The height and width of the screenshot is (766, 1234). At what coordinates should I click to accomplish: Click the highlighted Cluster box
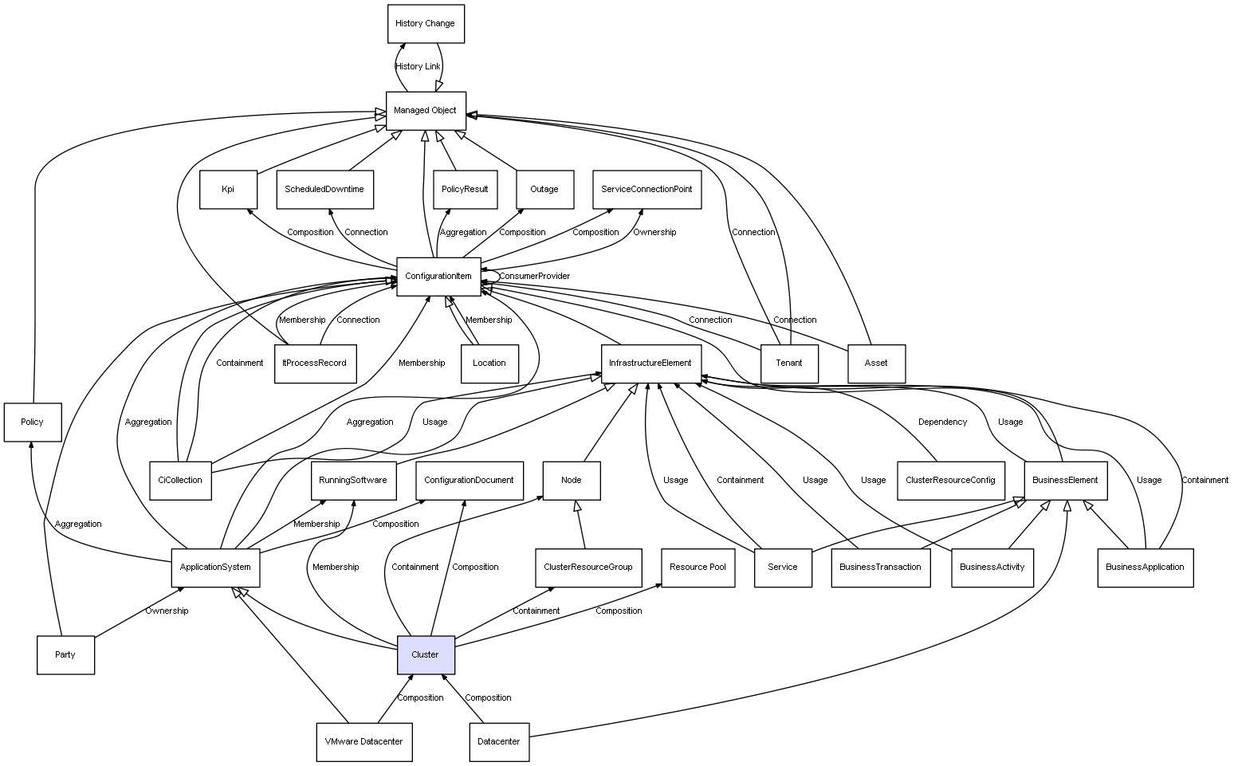[x=426, y=654]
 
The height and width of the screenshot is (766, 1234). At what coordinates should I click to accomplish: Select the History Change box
[x=426, y=24]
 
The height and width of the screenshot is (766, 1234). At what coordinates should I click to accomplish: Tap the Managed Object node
[x=426, y=111]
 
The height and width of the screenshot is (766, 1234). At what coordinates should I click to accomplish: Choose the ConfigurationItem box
[x=438, y=277]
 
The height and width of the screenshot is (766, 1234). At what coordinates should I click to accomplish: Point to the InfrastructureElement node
[x=651, y=363]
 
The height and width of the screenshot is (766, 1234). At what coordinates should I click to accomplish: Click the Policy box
[x=33, y=422]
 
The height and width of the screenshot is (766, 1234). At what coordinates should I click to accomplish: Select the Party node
[x=65, y=654]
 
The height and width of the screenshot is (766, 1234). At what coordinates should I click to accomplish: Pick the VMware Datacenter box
[x=364, y=742]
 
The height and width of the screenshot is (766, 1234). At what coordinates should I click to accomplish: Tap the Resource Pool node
[x=698, y=568]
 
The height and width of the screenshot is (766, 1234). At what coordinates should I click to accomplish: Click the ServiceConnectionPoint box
[x=646, y=190]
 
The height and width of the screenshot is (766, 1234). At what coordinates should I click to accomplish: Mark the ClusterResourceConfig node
[x=951, y=481]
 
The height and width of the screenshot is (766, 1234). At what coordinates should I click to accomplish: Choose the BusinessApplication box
[x=1146, y=568]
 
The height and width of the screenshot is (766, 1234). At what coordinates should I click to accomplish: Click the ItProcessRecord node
[x=315, y=363]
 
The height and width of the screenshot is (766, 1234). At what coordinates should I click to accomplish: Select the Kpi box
[x=228, y=190]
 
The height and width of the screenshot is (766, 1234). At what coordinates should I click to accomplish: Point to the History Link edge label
[x=418, y=67]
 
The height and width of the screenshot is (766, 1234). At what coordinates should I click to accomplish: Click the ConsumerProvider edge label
[x=534, y=277]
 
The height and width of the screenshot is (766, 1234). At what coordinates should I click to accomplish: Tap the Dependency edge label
[x=942, y=422]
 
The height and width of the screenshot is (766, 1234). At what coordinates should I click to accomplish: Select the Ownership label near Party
[x=167, y=611]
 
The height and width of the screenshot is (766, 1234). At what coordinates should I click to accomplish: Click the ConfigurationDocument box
[x=470, y=481]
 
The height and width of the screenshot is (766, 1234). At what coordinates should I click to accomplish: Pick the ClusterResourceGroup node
[x=588, y=568]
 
